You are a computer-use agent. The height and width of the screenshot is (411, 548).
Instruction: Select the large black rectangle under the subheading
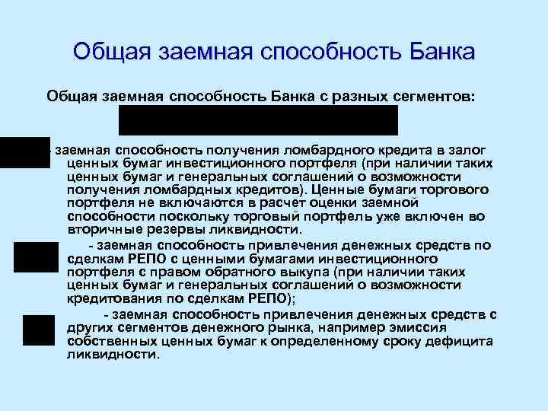point(257,120)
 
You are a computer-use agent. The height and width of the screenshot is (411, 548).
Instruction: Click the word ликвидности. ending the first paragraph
point(260,230)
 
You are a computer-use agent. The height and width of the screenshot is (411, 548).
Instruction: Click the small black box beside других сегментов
point(38,330)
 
